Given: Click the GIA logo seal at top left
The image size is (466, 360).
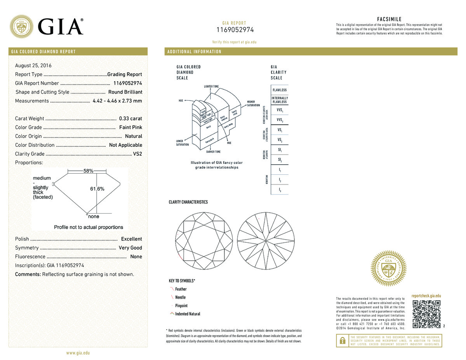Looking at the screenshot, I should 21,27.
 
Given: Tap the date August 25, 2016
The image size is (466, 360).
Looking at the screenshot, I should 33,65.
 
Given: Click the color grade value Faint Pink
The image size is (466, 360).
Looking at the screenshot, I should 130,127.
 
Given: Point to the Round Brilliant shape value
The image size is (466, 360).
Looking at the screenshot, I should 125,92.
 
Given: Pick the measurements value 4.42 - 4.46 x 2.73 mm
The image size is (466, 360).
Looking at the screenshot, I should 117,101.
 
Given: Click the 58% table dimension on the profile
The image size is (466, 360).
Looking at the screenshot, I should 88,171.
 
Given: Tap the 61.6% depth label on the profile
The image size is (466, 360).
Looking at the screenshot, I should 97,189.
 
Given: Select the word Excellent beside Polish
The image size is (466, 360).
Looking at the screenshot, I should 131,239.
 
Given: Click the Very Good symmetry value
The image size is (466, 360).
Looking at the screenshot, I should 130,248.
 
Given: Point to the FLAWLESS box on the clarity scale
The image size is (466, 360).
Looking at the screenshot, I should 280,90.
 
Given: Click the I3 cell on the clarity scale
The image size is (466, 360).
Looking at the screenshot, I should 280,190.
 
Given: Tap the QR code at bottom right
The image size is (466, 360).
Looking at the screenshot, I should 426,314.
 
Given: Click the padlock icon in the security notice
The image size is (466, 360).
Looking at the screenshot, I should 342,341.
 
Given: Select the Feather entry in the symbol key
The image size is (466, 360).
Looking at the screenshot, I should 181,289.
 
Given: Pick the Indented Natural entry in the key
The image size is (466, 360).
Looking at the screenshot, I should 188,314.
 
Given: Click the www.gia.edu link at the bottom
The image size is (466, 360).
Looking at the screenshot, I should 78,353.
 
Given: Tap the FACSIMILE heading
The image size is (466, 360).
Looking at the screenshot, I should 389,19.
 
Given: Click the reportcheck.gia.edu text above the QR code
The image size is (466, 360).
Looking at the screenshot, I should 426,296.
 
